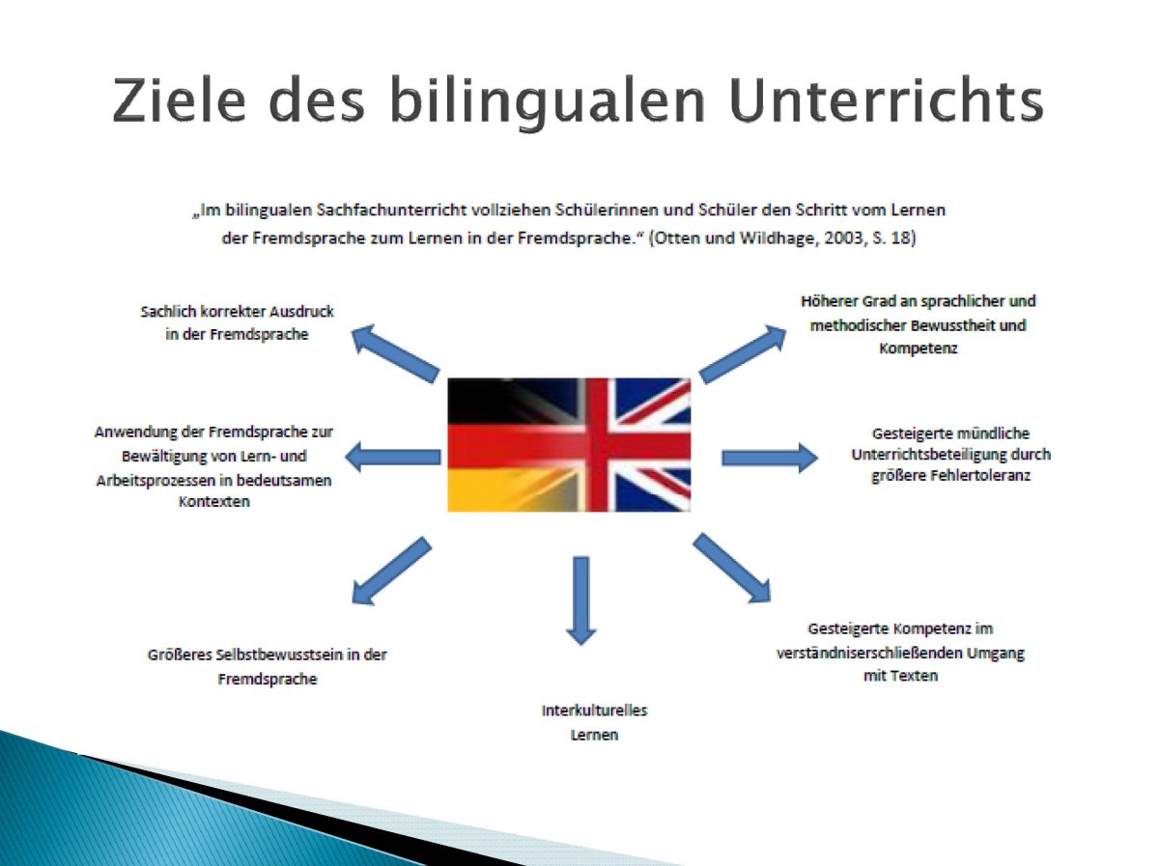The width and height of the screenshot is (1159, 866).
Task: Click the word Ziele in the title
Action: tap(179, 99)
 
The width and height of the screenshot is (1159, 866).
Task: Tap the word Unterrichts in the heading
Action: tap(887, 99)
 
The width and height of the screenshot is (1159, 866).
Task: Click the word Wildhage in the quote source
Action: tap(778, 238)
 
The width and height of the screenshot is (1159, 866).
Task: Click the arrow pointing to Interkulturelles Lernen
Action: tap(580, 601)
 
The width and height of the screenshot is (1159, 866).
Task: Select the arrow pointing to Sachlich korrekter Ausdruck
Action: tap(395, 353)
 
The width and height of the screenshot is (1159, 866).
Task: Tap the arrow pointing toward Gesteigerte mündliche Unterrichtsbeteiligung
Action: tap(770, 458)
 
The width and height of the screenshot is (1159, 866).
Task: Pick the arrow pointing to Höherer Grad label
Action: tap(743, 354)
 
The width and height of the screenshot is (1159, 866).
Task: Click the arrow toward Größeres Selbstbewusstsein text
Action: tap(391, 571)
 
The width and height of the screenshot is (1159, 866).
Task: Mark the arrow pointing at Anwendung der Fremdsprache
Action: tap(393, 457)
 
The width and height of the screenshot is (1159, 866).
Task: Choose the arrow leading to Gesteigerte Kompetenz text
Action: tap(732, 568)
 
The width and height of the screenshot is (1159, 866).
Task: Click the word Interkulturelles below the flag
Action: tap(595, 711)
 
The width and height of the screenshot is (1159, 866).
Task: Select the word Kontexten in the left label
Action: tap(214, 501)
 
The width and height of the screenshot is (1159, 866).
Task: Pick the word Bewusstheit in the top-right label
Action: tap(952, 325)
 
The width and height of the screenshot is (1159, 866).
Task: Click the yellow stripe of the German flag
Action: tap(507, 490)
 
